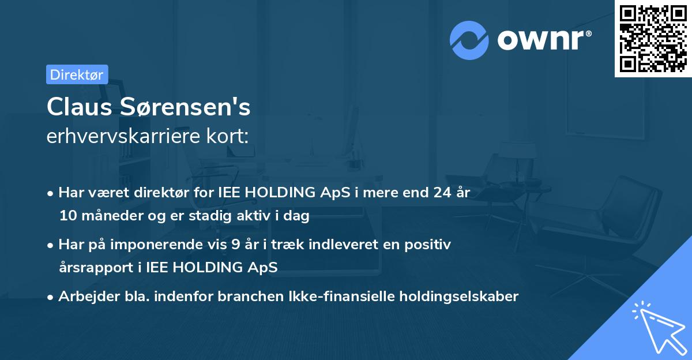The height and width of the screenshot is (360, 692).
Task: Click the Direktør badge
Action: point(77,74)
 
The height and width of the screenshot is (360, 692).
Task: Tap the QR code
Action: point(653,39)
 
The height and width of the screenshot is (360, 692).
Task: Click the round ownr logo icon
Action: point(469,40)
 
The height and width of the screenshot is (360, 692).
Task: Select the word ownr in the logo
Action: point(544,40)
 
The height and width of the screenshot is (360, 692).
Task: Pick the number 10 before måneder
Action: point(67,216)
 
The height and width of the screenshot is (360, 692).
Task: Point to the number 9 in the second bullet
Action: point(235,245)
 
